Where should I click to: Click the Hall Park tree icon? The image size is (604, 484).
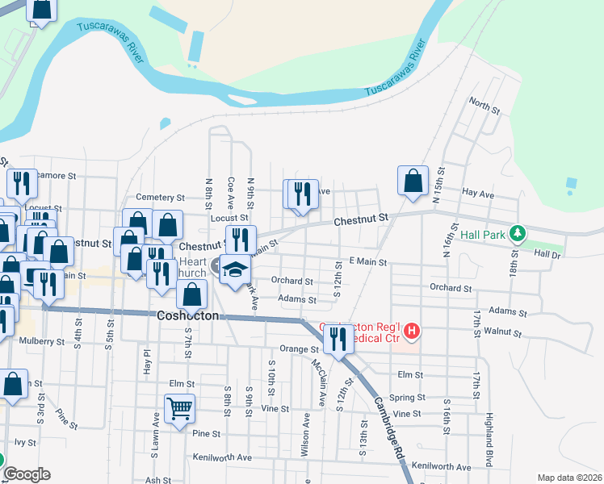click(x=518, y=235)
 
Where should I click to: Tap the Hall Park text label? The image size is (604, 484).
click(x=483, y=235)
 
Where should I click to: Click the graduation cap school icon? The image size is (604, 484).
click(x=235, y=270)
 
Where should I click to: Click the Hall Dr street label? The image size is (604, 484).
click(x=547, y=253)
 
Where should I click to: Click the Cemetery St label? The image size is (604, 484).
click(x=161, y=197)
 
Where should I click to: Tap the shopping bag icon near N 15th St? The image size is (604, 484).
click(x=413, y=183)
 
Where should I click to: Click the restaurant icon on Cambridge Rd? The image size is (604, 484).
click(x=338, y=339)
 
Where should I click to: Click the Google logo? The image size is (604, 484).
click(x=26, y=474)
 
